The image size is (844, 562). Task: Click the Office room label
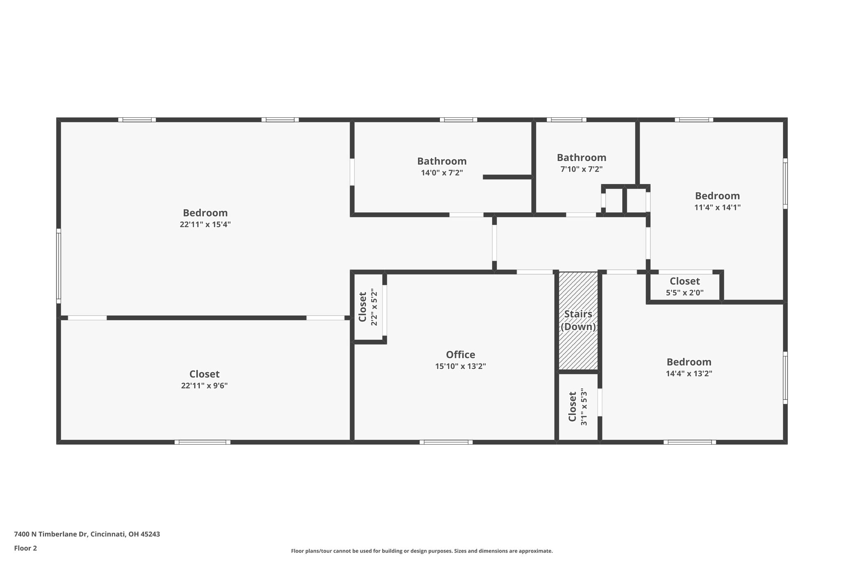click(x=460, y=354)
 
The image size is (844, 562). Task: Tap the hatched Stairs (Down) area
click(x=578, y=321)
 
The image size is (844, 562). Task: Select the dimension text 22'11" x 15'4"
click(x=205, y=224)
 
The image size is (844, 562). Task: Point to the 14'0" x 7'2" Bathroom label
click(x=442, y=166)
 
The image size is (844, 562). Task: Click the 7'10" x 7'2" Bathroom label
click(x=581, y=163)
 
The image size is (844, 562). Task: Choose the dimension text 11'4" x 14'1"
click(x=717, y=208)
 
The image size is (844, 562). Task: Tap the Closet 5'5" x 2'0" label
click(x=685, y=287)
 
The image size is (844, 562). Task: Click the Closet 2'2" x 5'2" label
click(x=368, y=307)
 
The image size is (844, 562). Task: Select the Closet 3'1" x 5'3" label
click(x=577, y=407)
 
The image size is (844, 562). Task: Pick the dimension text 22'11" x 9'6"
click(x=204, y=386)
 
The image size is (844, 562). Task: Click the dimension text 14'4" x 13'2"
click(x=689, y=374)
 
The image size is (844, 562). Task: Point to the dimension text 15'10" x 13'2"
click(x=460, y=366)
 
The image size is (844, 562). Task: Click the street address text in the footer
click(x=87, y=534)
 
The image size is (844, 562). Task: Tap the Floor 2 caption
click(x=26, y=548)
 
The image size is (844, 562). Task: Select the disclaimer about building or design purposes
click(x=422, y=551)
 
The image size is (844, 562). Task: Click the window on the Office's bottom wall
click(x=446, y=442)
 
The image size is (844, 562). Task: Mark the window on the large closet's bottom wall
click(x=202, y=442)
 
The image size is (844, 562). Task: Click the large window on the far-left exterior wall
click(x=59, y=266)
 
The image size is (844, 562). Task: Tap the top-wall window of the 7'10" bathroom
click(x=566, y=120)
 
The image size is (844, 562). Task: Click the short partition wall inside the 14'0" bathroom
click(x=507, y=177)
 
